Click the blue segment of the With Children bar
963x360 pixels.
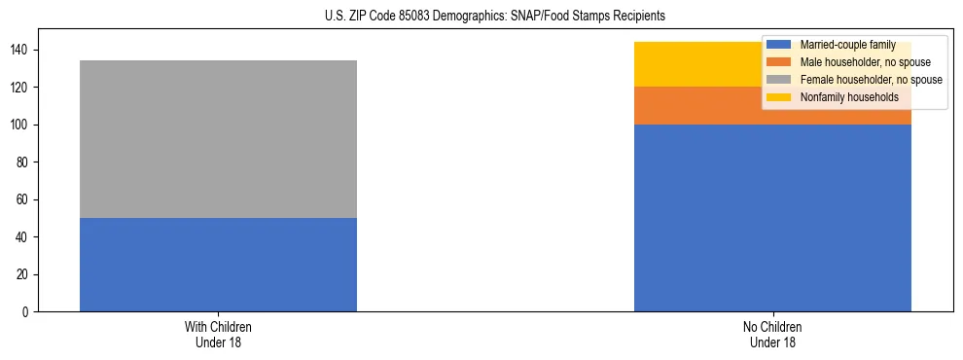coord(218,265)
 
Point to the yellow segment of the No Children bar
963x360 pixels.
coord(696,64)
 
